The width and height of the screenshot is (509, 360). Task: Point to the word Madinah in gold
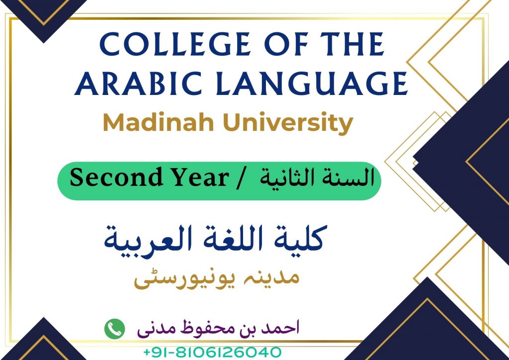click(x=159, y=122)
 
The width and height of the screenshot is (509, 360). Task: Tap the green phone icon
click(x=115, y=329)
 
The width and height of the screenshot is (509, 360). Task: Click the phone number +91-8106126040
click(x=212, y=352)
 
